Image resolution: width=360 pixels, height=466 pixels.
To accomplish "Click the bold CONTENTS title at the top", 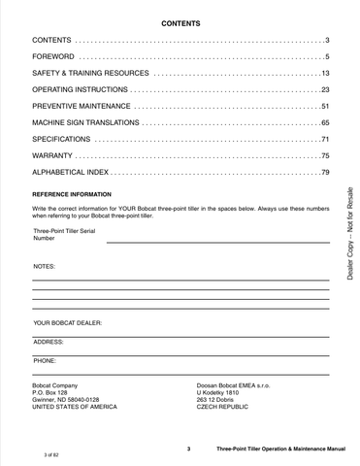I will [x=180, y=20].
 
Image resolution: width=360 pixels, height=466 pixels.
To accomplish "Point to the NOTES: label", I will [x=45, y=265].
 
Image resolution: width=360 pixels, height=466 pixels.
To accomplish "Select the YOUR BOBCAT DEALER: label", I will [x=67, y=320].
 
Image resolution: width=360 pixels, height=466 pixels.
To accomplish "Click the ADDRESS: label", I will [x=49, y=341].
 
